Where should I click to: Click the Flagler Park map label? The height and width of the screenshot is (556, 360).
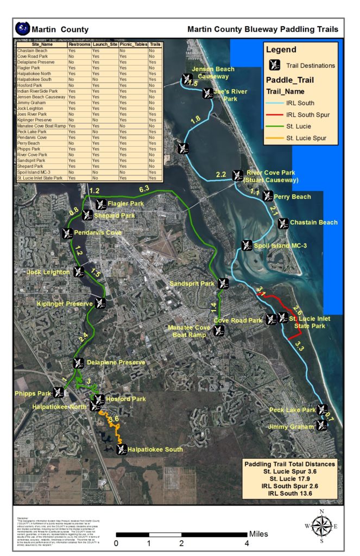click(126, 204)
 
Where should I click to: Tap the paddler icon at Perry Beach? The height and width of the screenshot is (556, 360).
click(267, 196)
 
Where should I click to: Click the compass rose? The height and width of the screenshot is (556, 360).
click(321, 526)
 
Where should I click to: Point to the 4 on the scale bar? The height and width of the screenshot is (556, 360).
click(247, 543)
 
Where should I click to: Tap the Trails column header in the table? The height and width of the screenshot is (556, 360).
click(155, 44)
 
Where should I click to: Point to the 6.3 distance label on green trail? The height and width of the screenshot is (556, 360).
click(144, 189)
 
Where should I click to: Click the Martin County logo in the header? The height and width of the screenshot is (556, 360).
click(23, 28)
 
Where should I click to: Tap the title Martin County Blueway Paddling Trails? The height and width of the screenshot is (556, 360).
click(263, 29)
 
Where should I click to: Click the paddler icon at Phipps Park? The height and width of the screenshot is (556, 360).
click(59, 392)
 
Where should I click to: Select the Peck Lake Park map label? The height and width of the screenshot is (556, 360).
click(292, 409)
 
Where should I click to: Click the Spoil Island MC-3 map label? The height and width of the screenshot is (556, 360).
click(281, 245)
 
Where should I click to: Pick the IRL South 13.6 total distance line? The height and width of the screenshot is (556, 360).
click(290, 493)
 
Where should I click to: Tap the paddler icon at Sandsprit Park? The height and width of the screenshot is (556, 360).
click(223, 283)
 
